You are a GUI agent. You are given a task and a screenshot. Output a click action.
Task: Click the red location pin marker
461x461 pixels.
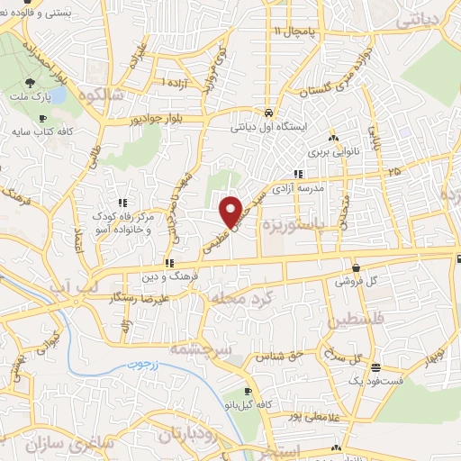click(231, 211)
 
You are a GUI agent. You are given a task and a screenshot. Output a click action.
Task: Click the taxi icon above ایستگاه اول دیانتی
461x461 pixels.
click(267, 113)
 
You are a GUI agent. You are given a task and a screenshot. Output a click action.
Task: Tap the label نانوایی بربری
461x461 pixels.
click(336, 154)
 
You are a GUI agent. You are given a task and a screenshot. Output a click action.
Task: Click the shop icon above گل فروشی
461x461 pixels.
click(357, 267)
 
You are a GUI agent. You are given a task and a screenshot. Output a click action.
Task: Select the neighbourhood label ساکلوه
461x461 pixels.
click(99, 95)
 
